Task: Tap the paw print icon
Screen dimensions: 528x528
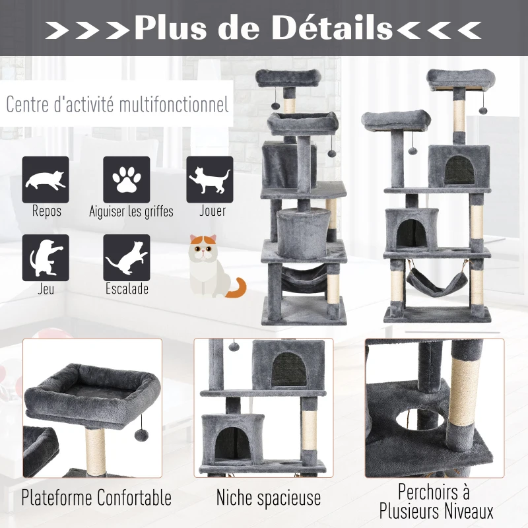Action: pos(127,180)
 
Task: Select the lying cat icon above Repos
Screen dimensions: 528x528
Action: pos(46,180)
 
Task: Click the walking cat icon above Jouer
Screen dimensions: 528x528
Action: pos(210,180)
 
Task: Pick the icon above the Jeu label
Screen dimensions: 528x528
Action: pos(46,257)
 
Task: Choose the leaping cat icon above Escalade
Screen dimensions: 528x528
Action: pos(127,257)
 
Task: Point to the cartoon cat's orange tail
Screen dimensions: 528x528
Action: pos(236,288)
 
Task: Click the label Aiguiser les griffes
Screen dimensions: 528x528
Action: pos(131,212)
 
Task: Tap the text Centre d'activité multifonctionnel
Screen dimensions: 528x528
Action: pos(117,104)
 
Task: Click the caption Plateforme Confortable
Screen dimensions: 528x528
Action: pos(96,498)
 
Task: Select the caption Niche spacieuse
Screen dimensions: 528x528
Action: pos(269,498)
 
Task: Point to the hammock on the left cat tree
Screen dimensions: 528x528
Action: pos(304,279)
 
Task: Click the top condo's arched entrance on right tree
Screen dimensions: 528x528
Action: pos(459,171)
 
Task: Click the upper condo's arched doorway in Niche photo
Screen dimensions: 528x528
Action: pos(289,370)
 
